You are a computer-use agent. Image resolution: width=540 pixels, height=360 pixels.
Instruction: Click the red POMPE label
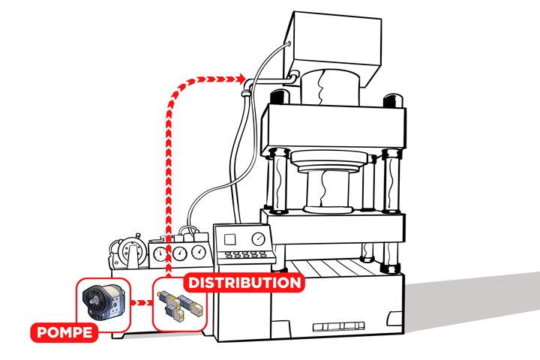[x=64, y=331]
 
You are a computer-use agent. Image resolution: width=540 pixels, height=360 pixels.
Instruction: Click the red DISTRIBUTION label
[x=244, y=283]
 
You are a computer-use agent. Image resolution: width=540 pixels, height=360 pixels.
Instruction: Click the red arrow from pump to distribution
[x=141, y=304]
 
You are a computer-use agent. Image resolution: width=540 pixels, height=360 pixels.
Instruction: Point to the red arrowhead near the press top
[x=240, y=77]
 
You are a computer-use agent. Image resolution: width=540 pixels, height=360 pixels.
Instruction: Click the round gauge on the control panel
[x=259, y=239]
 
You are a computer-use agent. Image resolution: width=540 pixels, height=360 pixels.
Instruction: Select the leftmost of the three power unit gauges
[x=160, y=253]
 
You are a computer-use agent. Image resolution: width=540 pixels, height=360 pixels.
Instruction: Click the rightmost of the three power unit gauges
[x=198, y=252]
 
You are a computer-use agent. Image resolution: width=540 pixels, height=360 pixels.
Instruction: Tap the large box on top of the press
[x=329, y=45]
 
